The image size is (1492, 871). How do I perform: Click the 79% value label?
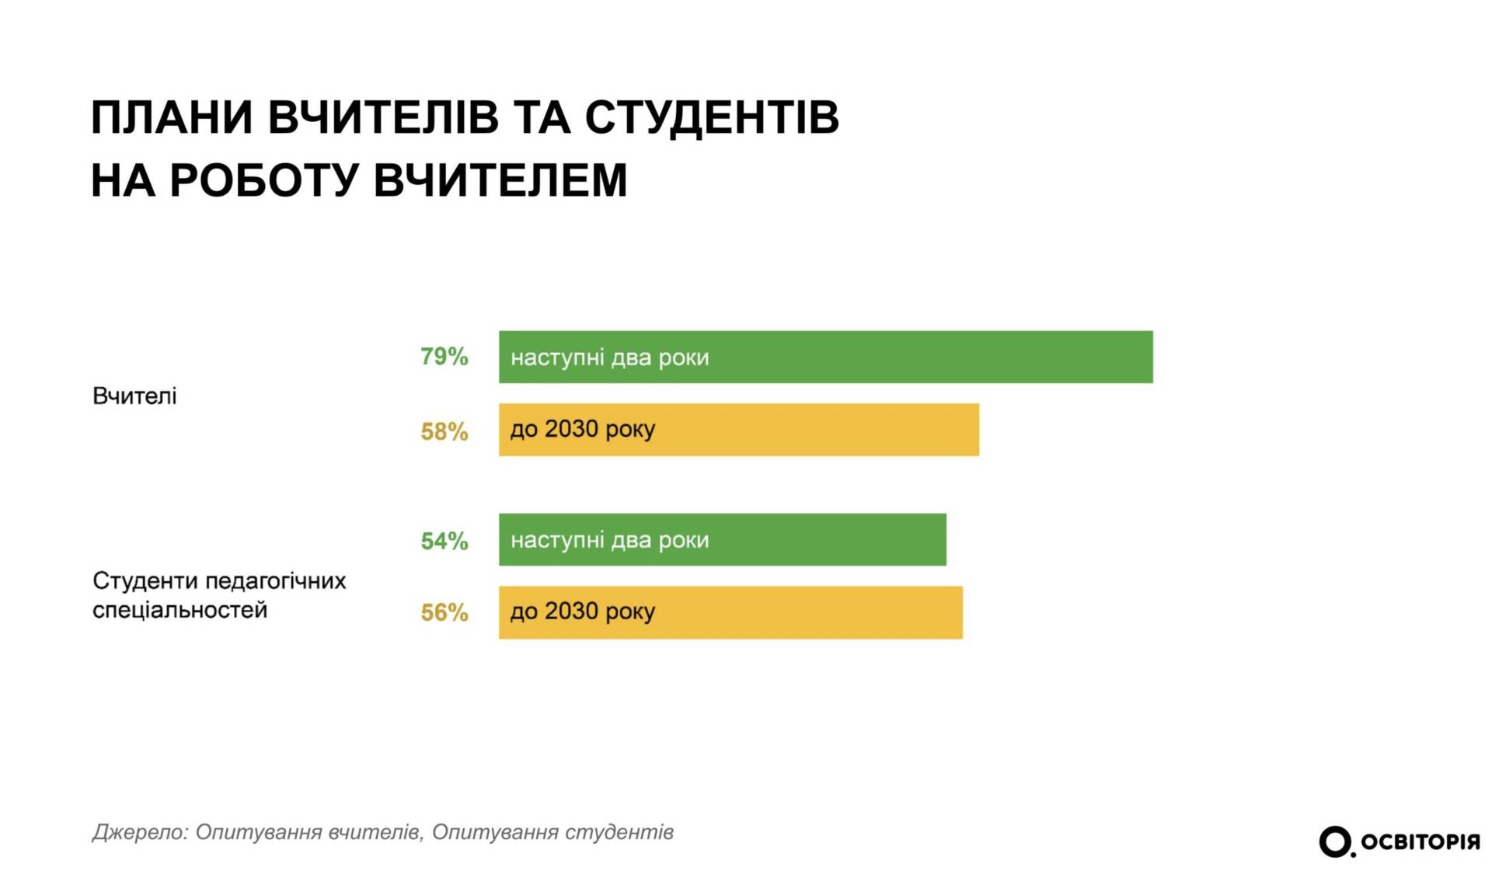point(444,357)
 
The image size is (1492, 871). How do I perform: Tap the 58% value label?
point(444,431)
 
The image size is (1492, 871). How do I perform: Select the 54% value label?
point(444,541)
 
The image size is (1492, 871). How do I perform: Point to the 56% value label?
point(444,612)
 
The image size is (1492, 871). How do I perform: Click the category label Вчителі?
point(134,396)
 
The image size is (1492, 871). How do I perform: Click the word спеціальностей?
point(180,610)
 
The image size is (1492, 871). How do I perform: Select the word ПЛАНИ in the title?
point(172,118)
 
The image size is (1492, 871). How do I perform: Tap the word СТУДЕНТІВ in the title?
point(711,118)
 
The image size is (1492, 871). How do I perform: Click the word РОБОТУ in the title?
point(264,180)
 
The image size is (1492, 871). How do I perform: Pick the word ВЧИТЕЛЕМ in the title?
point(500,180)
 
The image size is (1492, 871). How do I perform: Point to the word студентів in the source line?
point(619,832)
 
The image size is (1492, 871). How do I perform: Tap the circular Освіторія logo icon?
point(1335,841)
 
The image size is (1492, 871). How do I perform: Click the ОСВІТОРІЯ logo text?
point(1420,842)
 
